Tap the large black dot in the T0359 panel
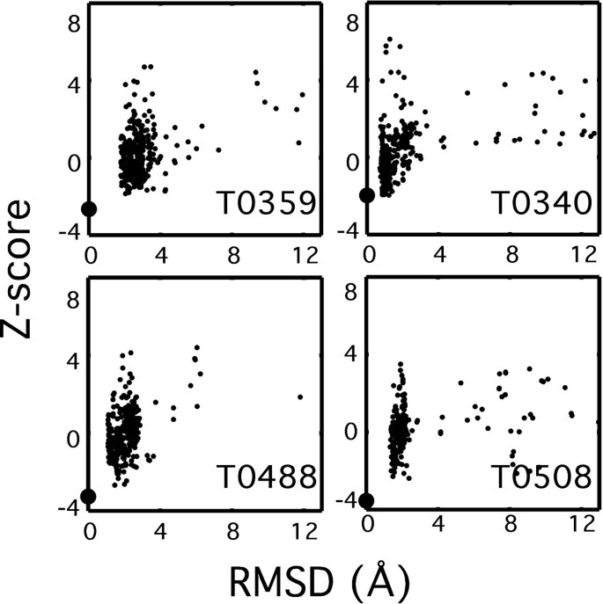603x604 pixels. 89,208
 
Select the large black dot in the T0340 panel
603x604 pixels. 367,195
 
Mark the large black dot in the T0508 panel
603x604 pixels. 366,500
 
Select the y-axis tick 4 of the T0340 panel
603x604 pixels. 352,85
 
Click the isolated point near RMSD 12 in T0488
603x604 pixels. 300,397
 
